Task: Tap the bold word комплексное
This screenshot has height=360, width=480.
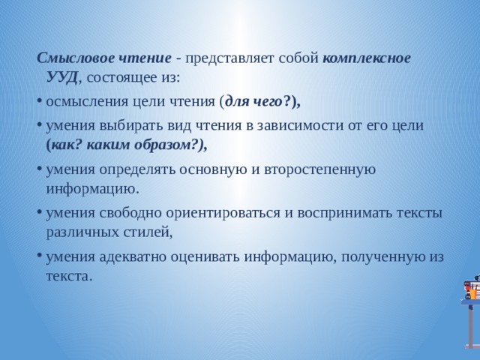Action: coord(367,58)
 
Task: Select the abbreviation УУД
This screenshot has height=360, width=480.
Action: coord(62,78)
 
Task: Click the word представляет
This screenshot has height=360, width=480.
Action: coord(229,58)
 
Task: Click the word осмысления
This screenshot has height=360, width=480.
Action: coord(87,102)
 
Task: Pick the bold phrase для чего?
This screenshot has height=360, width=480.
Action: coord(258,102)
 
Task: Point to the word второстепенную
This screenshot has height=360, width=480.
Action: coord(320,170)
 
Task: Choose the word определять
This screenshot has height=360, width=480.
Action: coord(137,170)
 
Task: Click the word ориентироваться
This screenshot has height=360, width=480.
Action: coord(223,213)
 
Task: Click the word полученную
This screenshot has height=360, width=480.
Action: coord(381,257)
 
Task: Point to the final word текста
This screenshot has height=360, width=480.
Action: coord(69,277)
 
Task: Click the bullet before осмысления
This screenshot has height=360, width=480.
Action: coord(39,101)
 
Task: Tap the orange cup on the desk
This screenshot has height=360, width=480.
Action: coord(473,294)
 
